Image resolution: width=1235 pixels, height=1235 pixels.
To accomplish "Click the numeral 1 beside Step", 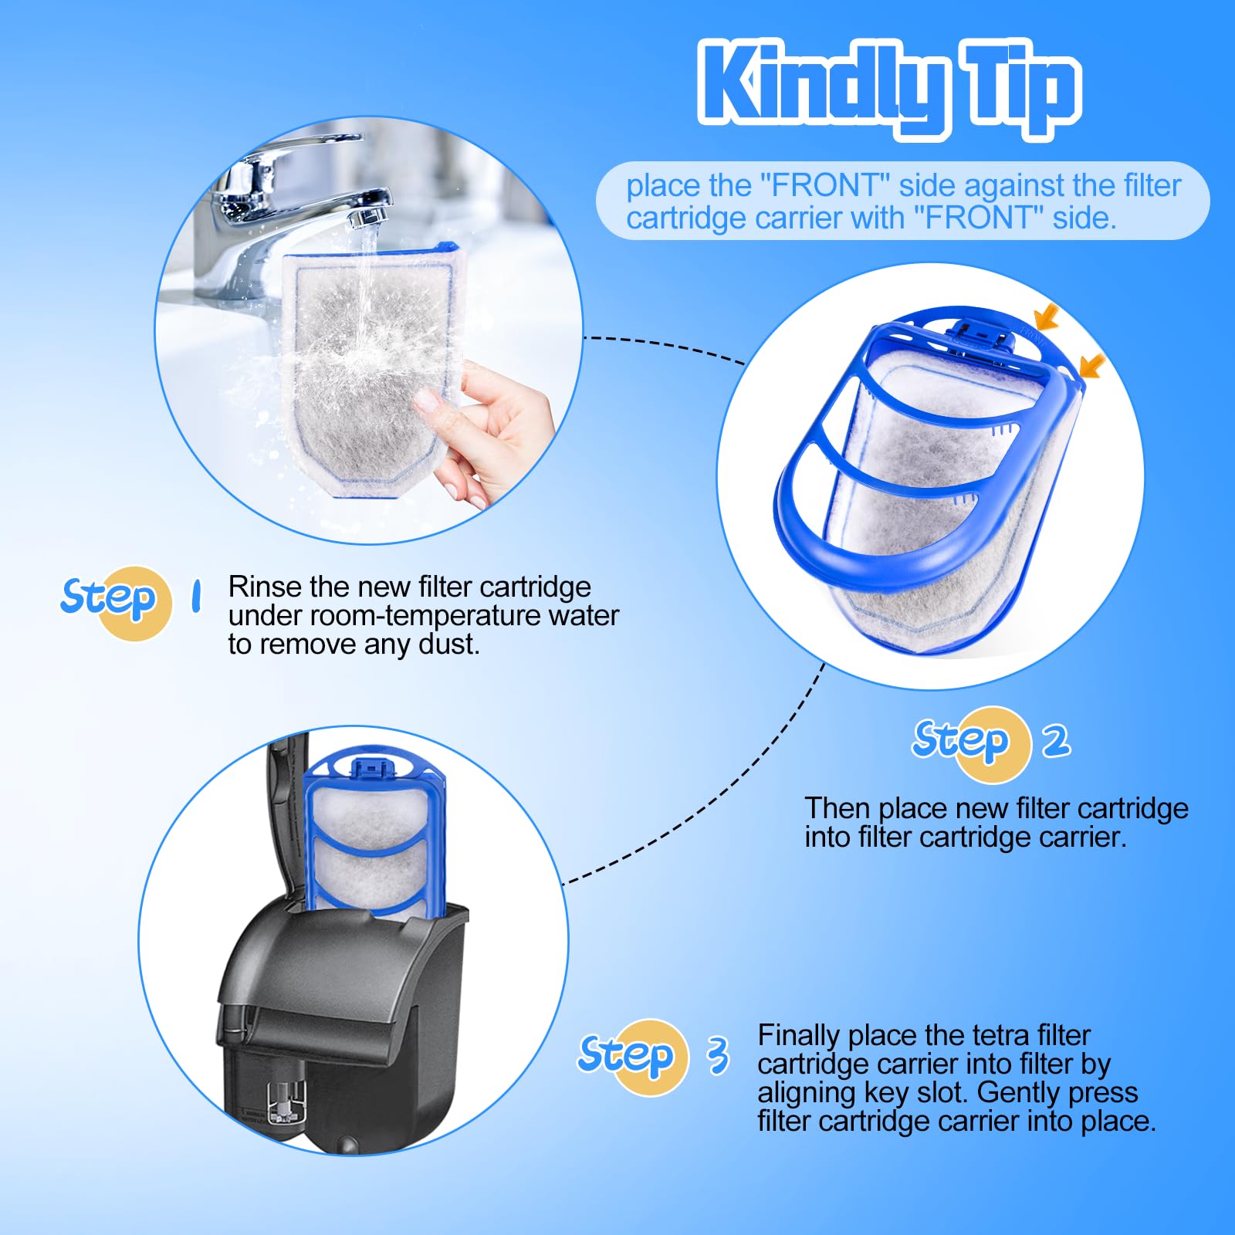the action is tap(196, 596).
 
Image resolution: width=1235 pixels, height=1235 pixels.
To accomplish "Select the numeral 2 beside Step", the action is tap(1056, 740).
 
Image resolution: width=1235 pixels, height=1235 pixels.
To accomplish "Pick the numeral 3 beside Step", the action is tap(719, 1054).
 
